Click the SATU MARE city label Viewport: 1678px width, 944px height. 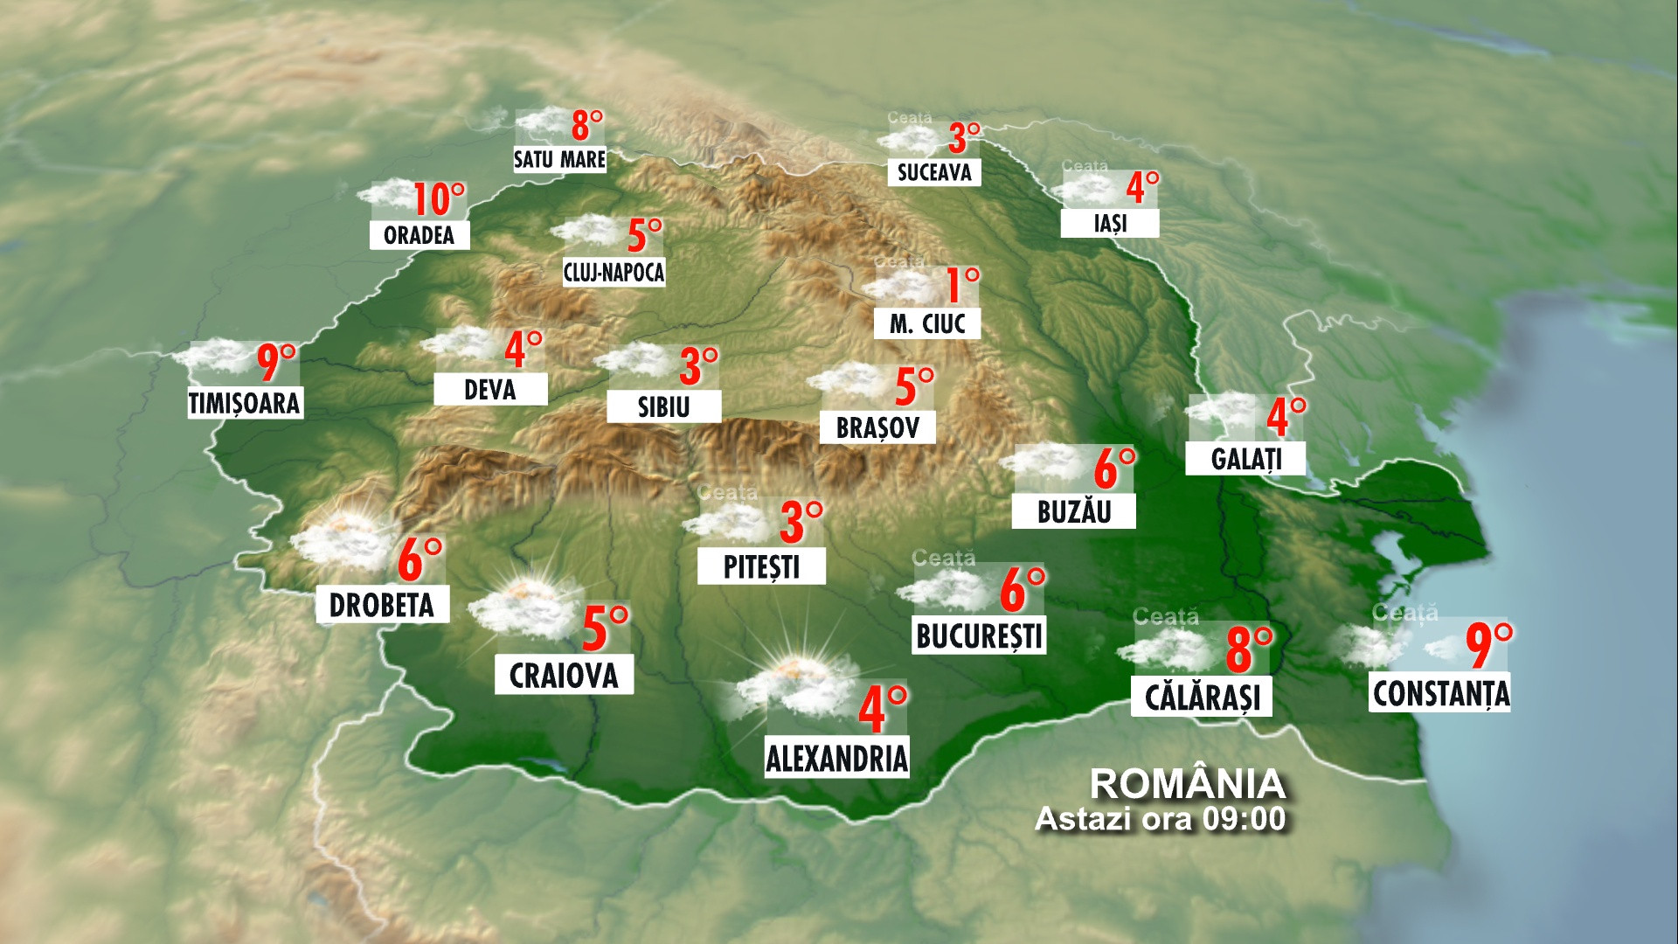[559, 160]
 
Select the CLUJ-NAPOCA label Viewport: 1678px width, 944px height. [614, 273]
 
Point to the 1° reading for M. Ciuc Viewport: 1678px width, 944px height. [962, 285]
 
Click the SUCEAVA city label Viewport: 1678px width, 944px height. [934, 173]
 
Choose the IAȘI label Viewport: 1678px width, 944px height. [1110, 224]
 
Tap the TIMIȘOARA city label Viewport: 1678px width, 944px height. [245, 403]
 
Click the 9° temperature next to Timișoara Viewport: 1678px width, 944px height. [276, 363]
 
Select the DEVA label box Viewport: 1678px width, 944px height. [490, 390]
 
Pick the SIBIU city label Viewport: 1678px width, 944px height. [664, 407]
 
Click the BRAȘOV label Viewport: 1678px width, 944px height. [877, 428]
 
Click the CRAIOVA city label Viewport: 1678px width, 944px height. [564, 676]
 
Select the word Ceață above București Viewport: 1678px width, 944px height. [943, 558]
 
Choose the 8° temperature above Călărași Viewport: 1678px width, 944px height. [1248, 649]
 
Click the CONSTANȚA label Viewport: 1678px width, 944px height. [1440, 694]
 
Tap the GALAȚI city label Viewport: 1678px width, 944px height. [1245, 459]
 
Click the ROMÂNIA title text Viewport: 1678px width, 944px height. [1188, 784]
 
